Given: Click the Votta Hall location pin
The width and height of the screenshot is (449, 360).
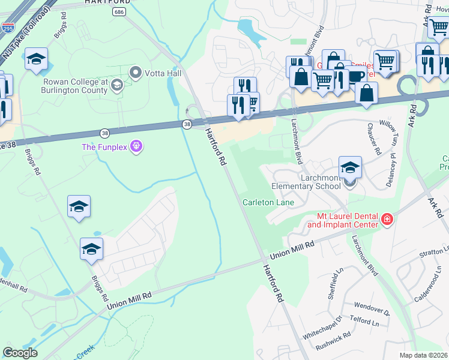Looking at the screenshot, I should click(x=135, y=73).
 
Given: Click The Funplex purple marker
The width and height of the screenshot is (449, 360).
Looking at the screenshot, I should click(x=136, y=146).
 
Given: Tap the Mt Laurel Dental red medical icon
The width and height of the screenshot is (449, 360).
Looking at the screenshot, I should click(x=387, y=220).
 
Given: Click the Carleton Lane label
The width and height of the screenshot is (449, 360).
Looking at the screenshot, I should click(x=268, y=202).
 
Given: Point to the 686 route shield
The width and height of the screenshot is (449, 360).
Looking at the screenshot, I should click(x=121, y=12).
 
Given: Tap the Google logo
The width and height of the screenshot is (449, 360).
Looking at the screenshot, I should click(x=20, y=352).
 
